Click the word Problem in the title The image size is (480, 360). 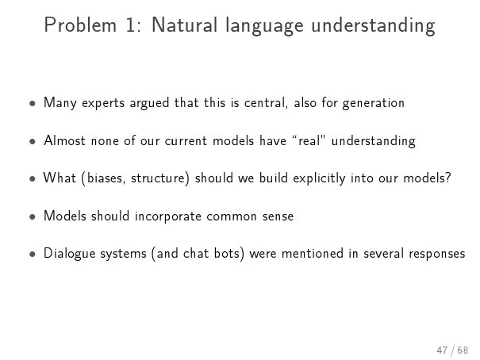coord(80,25)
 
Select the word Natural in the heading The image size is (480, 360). coord(185,25)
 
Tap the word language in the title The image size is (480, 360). coord(264,26)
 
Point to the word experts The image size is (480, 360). coord(103,103)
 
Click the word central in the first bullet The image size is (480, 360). coord(266,102)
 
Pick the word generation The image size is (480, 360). coord(374,103)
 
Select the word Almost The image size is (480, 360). coord(64,140)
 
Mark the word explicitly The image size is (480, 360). coord(319,178)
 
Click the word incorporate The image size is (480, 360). coord(168,216)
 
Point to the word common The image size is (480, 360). coord(232,216)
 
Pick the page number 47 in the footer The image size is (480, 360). coord(442,350)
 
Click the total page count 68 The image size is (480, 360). coord(463,350)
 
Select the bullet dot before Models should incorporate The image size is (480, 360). coord(33,216)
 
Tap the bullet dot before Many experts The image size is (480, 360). coord(33,103)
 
